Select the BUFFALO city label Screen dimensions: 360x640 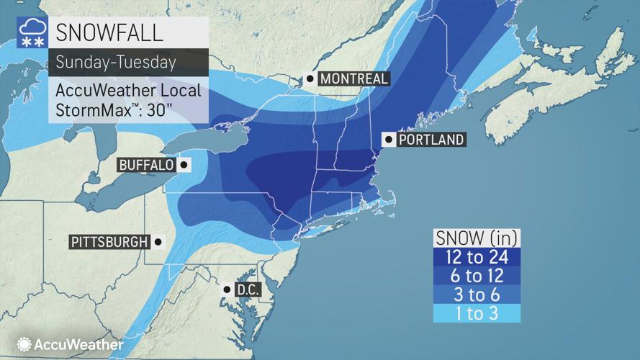[146, 165]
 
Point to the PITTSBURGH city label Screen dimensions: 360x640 [109, 242]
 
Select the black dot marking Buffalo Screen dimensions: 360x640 [184, 165]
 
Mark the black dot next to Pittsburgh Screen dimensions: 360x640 [158, 242]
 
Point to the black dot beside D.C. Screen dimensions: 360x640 [226, 289]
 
